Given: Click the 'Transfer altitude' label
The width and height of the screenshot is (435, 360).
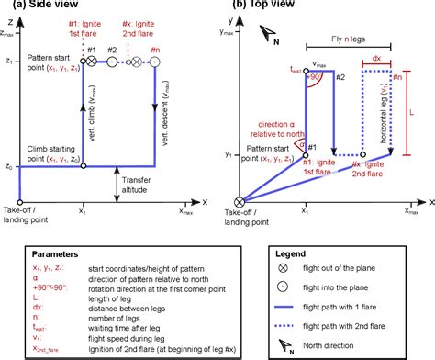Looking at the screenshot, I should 143,187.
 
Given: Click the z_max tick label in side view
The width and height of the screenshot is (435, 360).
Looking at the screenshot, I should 7,30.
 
